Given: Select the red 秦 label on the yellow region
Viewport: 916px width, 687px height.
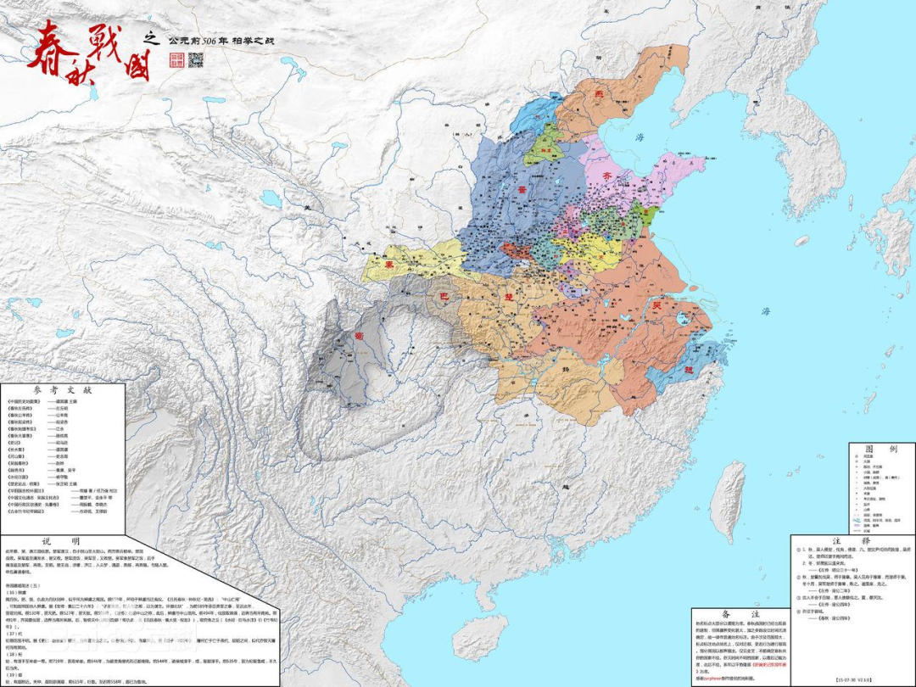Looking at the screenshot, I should [391, 264].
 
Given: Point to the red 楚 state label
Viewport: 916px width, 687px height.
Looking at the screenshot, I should [509, 299].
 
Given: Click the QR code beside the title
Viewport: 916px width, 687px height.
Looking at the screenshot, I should [196, 59].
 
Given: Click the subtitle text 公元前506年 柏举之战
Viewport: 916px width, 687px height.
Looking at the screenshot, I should [222, 40].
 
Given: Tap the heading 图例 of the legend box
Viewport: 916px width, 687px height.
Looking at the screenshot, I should [852, 447].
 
